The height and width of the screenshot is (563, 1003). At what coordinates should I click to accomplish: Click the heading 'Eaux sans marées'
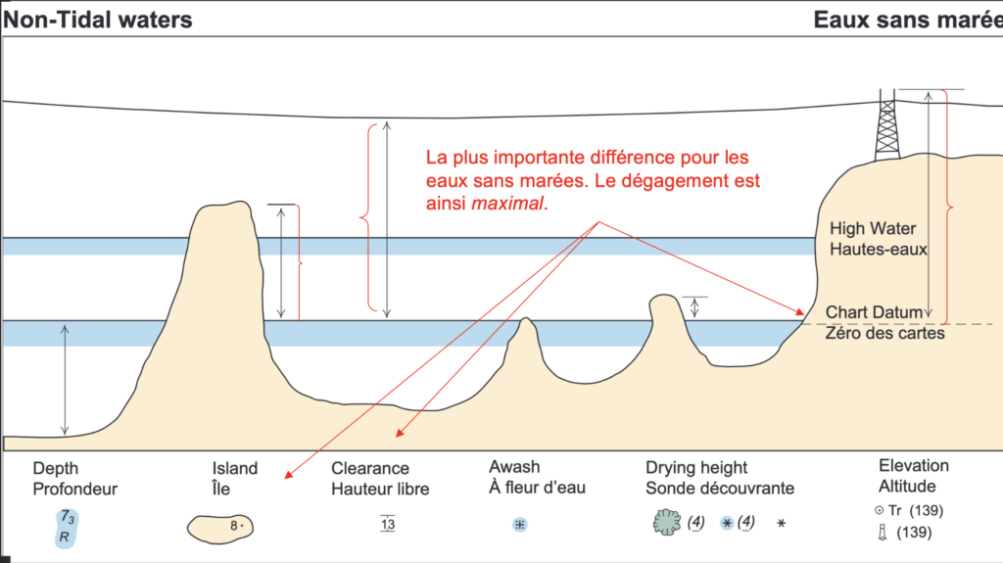907,19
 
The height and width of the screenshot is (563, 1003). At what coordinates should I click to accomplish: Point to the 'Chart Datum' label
874,312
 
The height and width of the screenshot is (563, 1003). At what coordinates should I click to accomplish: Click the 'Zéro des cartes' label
885,333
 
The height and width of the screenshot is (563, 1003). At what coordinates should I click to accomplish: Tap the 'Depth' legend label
56,468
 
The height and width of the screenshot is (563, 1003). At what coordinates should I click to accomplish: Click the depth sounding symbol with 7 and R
66,526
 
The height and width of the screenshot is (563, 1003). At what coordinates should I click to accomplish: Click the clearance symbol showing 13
388,524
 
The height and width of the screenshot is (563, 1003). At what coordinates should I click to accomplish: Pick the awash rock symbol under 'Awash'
520,524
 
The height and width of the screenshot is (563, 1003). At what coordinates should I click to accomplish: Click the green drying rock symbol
667,524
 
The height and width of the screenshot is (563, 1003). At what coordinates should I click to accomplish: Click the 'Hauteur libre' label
379,489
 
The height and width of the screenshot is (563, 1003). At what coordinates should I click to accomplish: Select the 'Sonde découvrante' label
719,489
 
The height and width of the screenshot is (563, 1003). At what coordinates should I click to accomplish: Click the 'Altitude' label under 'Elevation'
907,486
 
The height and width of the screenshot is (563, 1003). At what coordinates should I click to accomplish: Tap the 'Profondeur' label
74,489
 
